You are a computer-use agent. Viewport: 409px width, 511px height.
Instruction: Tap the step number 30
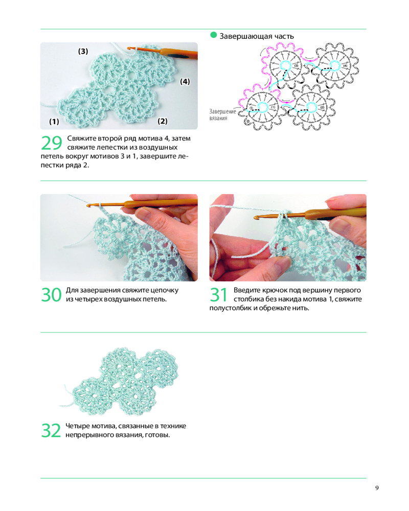51,295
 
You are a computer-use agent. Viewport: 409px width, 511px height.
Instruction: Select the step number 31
218,295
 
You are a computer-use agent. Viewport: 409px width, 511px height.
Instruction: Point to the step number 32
51,430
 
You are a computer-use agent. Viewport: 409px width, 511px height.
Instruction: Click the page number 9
377,488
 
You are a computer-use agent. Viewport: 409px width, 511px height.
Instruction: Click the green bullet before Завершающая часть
213,35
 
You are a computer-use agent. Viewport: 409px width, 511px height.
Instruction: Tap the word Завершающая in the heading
245,36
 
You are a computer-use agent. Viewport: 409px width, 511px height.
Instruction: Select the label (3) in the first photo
83,51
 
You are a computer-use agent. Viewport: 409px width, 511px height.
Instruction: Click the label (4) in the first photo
185,81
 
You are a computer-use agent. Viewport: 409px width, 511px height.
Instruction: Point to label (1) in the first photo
54,122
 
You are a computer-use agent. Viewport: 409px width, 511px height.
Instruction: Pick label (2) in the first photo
163,121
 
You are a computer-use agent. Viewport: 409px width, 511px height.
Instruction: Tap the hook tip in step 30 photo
88,205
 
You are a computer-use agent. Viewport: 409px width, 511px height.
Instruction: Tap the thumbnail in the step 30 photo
142,214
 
